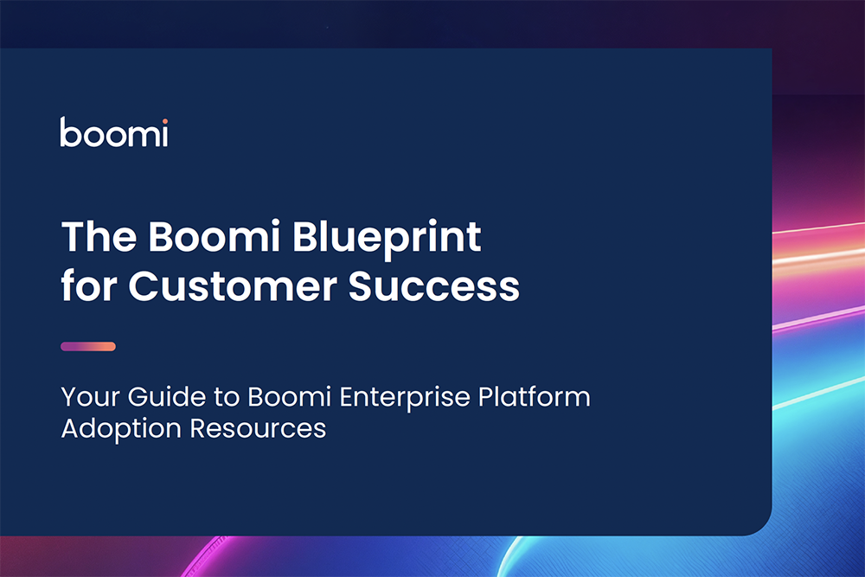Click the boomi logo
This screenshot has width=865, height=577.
click(113, 132)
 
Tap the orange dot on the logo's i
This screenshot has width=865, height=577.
click(165, 121)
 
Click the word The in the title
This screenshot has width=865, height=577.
click(99, 237)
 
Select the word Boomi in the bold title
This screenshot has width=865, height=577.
click(214, 237)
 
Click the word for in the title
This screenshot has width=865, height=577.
click(89, 285)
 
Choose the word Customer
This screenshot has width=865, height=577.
click(232, 285)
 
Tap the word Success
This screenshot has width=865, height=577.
click(433, 285)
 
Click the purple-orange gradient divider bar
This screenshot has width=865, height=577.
click(88, 346)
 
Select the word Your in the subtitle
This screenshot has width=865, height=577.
click(90, 396)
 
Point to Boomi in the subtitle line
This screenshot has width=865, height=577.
click(290, 396)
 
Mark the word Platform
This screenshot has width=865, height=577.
click(534, 396)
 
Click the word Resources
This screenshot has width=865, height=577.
click(258, 428)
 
